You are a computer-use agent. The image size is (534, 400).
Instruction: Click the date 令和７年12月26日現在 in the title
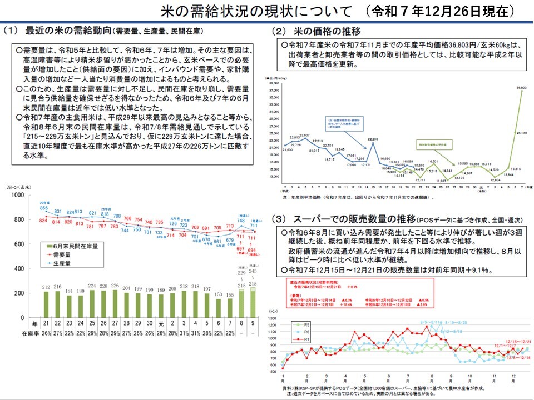(444, 11)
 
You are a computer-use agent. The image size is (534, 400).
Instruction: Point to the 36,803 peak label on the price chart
(521, 87)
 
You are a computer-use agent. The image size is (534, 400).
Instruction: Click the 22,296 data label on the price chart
(373, 139)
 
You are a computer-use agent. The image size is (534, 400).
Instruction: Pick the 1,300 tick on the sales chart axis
(274, 318)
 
